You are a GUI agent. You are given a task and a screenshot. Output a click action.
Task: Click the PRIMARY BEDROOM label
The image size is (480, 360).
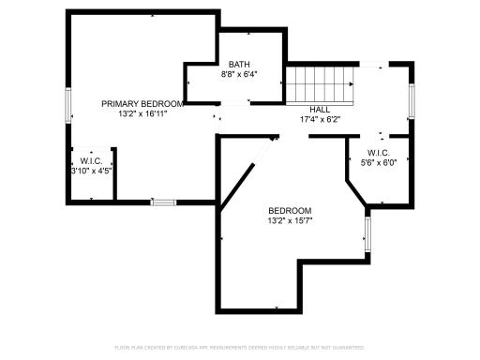click(142, 103)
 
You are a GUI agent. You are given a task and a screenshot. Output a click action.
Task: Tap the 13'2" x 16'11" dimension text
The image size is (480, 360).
click(142, 113)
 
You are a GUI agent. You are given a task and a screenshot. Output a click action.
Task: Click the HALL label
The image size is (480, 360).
click(319, 109)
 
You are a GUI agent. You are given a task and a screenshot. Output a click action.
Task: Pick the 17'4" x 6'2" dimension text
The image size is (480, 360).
click(319, 119)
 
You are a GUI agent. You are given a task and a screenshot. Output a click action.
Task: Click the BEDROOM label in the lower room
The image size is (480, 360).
click(290, 210)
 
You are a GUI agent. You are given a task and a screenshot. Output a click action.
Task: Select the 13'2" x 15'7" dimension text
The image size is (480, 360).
click(290, 221)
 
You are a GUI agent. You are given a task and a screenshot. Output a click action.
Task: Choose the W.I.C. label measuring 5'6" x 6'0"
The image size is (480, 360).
click(379, 152)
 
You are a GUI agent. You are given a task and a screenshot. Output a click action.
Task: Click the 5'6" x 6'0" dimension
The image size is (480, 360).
click(379, 162)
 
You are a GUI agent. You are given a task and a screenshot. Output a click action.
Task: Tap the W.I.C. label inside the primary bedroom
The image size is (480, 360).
click(92, 160)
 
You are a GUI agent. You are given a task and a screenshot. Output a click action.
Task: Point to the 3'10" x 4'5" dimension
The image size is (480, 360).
click(92, 171)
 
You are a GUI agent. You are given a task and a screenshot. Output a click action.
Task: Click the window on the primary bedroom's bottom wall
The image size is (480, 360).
click(163, 202)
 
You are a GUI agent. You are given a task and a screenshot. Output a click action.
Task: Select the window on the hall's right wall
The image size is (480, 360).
click(411, 99)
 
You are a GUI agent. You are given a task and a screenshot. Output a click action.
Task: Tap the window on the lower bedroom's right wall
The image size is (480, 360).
click(367, 233)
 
